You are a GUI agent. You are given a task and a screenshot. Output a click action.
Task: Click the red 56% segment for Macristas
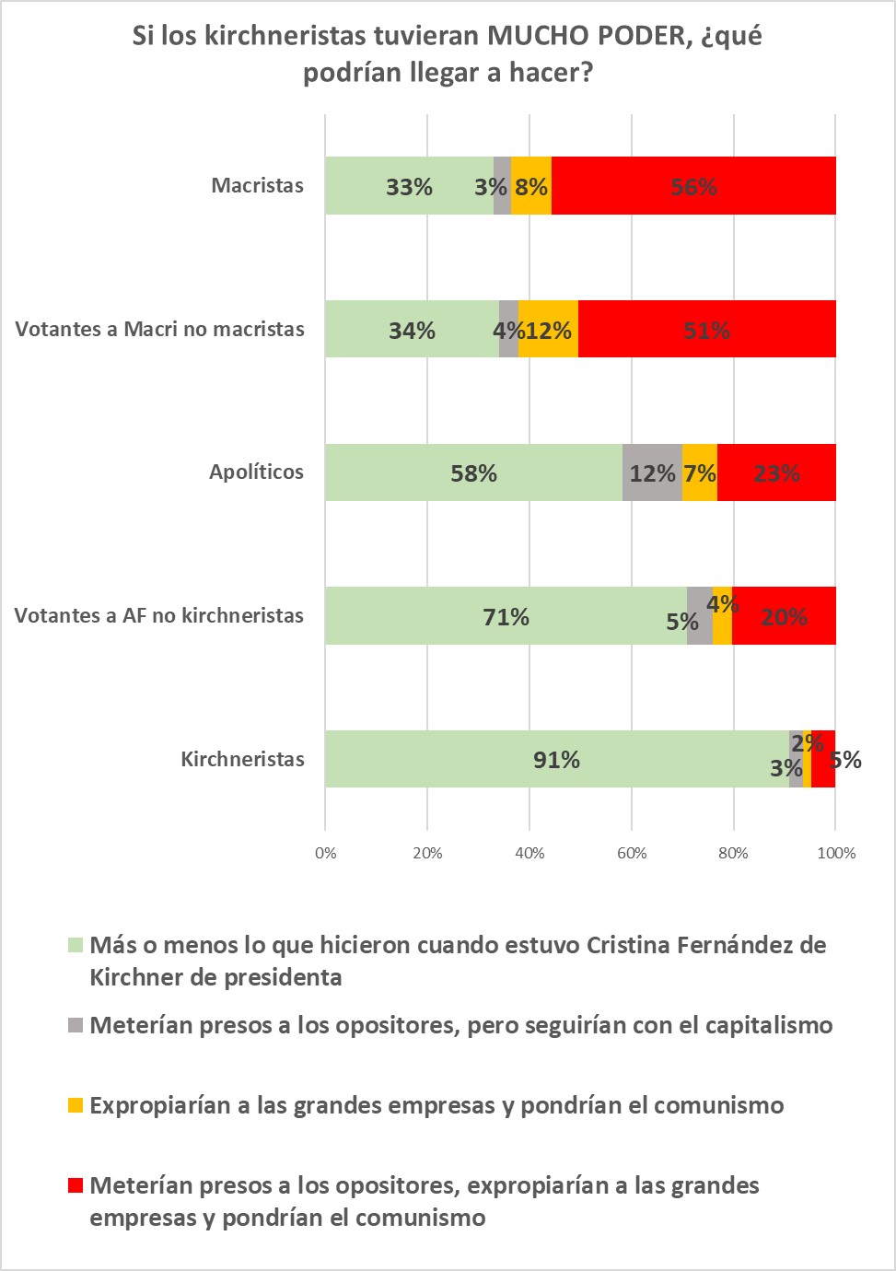tap(693, 186)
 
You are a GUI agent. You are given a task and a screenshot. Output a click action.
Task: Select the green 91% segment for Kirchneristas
tap(557, 759)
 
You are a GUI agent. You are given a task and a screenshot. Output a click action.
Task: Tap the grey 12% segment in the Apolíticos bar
tap(652, 472)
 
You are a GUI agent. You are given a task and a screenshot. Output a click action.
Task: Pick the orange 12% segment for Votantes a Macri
tap(548, 329)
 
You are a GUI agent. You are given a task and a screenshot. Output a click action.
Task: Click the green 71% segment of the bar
tap(506, 615)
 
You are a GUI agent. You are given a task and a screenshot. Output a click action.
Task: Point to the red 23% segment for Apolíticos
tap(776, 472)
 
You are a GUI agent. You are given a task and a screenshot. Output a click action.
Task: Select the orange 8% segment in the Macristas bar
tap(531, 186)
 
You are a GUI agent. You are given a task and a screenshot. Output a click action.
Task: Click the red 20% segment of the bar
tap(784, 615)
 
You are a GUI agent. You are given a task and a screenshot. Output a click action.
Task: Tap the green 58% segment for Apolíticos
tap(473, 472)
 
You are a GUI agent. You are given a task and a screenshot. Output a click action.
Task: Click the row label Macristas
tap(257, 185)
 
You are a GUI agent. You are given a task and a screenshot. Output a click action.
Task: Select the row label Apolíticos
tap(256, 472)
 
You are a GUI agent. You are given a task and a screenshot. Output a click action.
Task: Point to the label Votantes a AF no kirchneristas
tap(158, 615)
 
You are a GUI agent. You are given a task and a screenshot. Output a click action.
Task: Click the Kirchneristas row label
tap(242, 759)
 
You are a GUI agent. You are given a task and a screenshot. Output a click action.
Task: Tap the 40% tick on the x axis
tap(529, 853)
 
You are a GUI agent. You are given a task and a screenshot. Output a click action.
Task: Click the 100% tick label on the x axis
tap(836, 853)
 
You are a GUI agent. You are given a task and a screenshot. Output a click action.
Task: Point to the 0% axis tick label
tap(325, 853)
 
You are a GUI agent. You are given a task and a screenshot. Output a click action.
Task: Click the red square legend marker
tap(76, 1185)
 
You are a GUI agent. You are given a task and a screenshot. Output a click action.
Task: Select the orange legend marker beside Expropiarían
tap(76, 1105)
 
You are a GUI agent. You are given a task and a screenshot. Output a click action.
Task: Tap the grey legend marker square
tap(76, 1025)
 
